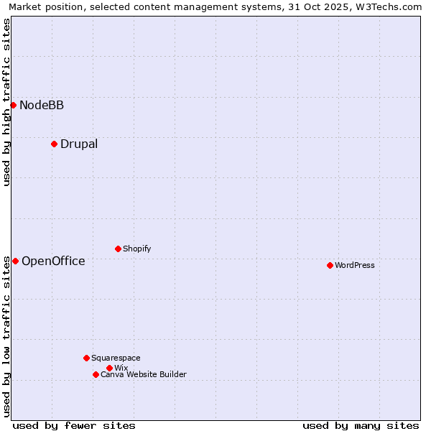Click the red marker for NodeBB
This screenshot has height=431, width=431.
pyautogui.click(x=13, y=105)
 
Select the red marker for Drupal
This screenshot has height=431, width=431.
pyautogui.click(x=54, y=144)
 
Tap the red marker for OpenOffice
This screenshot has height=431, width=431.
pyautogui.click(x=15, y=261)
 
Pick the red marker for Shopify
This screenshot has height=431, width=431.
pyautogui.click(x=118, y=249)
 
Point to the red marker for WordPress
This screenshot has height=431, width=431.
pyautogui.click(x=330, y=265)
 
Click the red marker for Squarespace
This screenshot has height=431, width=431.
pyautogui.click(x=86, y=358)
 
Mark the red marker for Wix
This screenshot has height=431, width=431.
pyautogui.click(x=109, y=368)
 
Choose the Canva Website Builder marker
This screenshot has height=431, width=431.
pyautogui.click(x=96, y=374)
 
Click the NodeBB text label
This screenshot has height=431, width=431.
pyautogui.click(x=42, y=106)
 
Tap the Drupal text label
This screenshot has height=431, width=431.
pyautogui.click(x=79, y=144)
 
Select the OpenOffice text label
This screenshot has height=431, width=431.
pyautogui.click(x=53, y=261)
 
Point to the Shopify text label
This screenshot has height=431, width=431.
pyautogui.click(x=136, y=249)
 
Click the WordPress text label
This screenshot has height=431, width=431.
pyautogui.click(x=355, y=266)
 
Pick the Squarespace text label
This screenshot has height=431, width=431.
pyautogui.click(x=116, y=358)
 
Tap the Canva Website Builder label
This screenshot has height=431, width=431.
pyautogui.click(x=144, y=375)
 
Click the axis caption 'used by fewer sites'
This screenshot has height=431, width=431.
pyautogui.click(x=74, y=425)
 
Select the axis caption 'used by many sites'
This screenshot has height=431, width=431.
pyautogui.click(x=361, y=425)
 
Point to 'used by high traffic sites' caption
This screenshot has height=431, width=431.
pyautogui.click(x=7, y=102)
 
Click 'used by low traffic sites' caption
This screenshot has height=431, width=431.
pyautogui.click(x=7, y=336)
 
